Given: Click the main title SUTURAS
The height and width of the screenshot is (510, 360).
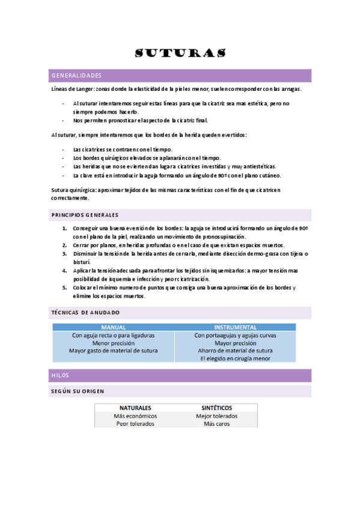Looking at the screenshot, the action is [x=180, y=53].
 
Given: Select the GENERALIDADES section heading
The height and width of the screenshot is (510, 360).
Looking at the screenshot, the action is [x=76, y=76].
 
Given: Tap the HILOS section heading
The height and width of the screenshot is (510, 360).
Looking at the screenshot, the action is [x=60, y=375].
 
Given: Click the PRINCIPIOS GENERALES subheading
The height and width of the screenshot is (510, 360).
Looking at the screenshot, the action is [x=85, y=215].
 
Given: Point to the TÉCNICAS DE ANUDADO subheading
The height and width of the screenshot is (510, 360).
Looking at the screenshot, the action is [x=85, y=313].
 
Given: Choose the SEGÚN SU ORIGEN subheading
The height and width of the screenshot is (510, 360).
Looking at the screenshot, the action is [x=78, y=392].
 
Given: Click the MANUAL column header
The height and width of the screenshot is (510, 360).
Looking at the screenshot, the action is [x=113, y=327].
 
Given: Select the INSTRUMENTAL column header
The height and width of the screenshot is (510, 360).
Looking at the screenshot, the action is [x=235, y=327].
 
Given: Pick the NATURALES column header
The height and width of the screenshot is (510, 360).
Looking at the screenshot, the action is [x=135, y=407].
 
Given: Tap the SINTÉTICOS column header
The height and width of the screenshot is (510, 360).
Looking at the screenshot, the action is [x=216, y=407].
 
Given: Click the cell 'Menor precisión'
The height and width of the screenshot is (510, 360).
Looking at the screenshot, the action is [x=113, y=343].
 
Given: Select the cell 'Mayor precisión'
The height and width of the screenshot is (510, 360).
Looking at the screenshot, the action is [x=235, y=343].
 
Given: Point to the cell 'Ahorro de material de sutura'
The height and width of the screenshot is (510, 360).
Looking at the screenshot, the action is [x=235, y=351].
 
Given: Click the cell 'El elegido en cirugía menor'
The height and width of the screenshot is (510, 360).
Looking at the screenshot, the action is [x=235, y=358].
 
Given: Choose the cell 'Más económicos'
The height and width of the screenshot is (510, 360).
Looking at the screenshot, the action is [x=135, y=416].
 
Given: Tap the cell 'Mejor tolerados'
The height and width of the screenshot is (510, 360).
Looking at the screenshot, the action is [x=216, y=416].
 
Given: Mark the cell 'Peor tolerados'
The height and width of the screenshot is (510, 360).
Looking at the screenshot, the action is [x=135, y=423].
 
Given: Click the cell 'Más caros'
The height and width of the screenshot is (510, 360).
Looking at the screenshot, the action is [x=216, y=423].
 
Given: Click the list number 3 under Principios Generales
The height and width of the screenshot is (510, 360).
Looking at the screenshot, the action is [x=65, y=254].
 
